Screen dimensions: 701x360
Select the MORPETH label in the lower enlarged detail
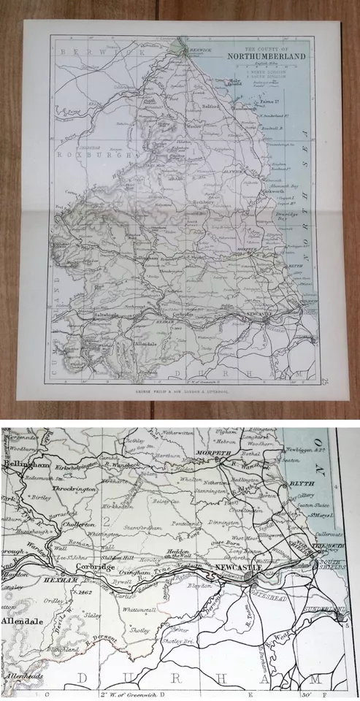pyautogui.click(x=214, y=453)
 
